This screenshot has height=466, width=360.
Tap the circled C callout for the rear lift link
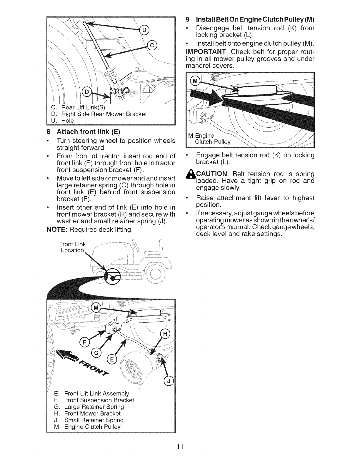pyautogui.click(x=152, y=45)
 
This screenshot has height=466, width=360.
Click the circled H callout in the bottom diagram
pyautogui.click(x=165, y=334)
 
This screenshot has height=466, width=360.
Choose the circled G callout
pyautogui.click(x=96, y=353)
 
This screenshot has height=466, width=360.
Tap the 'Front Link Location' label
pyautogui.click(x=72, y=247)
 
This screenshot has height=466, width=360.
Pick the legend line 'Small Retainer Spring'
pyautogui.click(x=94, y=420)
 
